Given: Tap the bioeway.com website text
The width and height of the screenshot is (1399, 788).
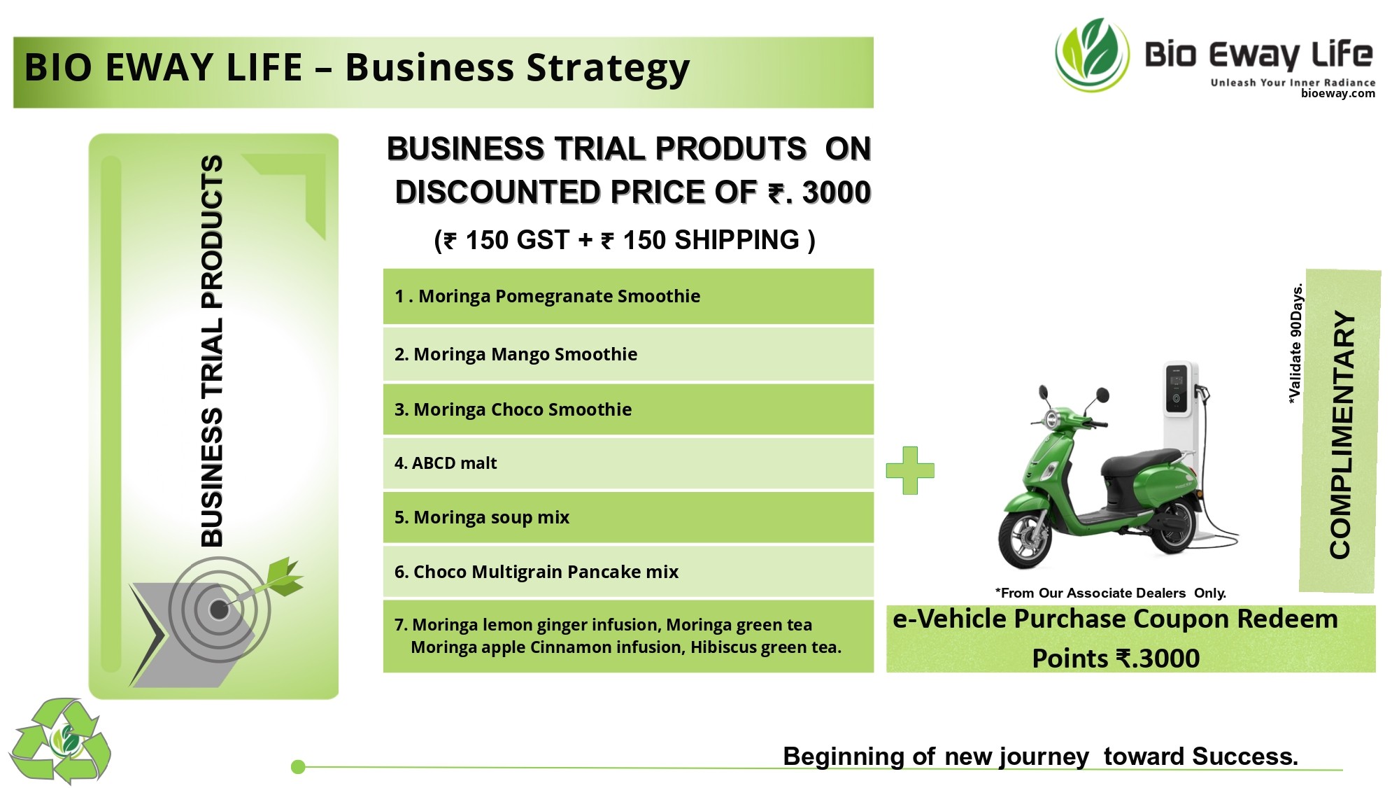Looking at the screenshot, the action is [x=1337, y=94].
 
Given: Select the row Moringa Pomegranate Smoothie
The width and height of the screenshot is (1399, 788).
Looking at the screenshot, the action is [x=628, y=296].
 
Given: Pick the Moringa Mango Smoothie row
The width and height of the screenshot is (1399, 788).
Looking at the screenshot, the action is [x=628, y=354].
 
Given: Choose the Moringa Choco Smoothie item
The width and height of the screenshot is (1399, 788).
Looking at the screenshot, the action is [x=628, y=409].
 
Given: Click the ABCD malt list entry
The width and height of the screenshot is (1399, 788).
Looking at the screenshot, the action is [x=628, y=463].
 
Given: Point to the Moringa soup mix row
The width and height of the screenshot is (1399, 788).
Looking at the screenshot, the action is [x=628, y=517].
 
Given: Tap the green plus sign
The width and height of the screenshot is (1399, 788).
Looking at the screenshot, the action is [x=910, y=470].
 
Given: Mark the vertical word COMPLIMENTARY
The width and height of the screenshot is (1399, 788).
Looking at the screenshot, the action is [x=1340, y=435].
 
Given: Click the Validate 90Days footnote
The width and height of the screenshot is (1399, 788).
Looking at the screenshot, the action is [x=1296, y=343].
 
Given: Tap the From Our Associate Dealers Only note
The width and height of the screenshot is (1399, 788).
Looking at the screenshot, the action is [x=1110, y=593].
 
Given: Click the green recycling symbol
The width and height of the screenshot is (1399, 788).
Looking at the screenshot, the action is [x=60, y=740].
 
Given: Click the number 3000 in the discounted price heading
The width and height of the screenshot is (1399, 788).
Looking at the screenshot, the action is [x=836, y=192].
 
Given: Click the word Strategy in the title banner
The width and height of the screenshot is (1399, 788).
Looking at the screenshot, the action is [x=608, y=69].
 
